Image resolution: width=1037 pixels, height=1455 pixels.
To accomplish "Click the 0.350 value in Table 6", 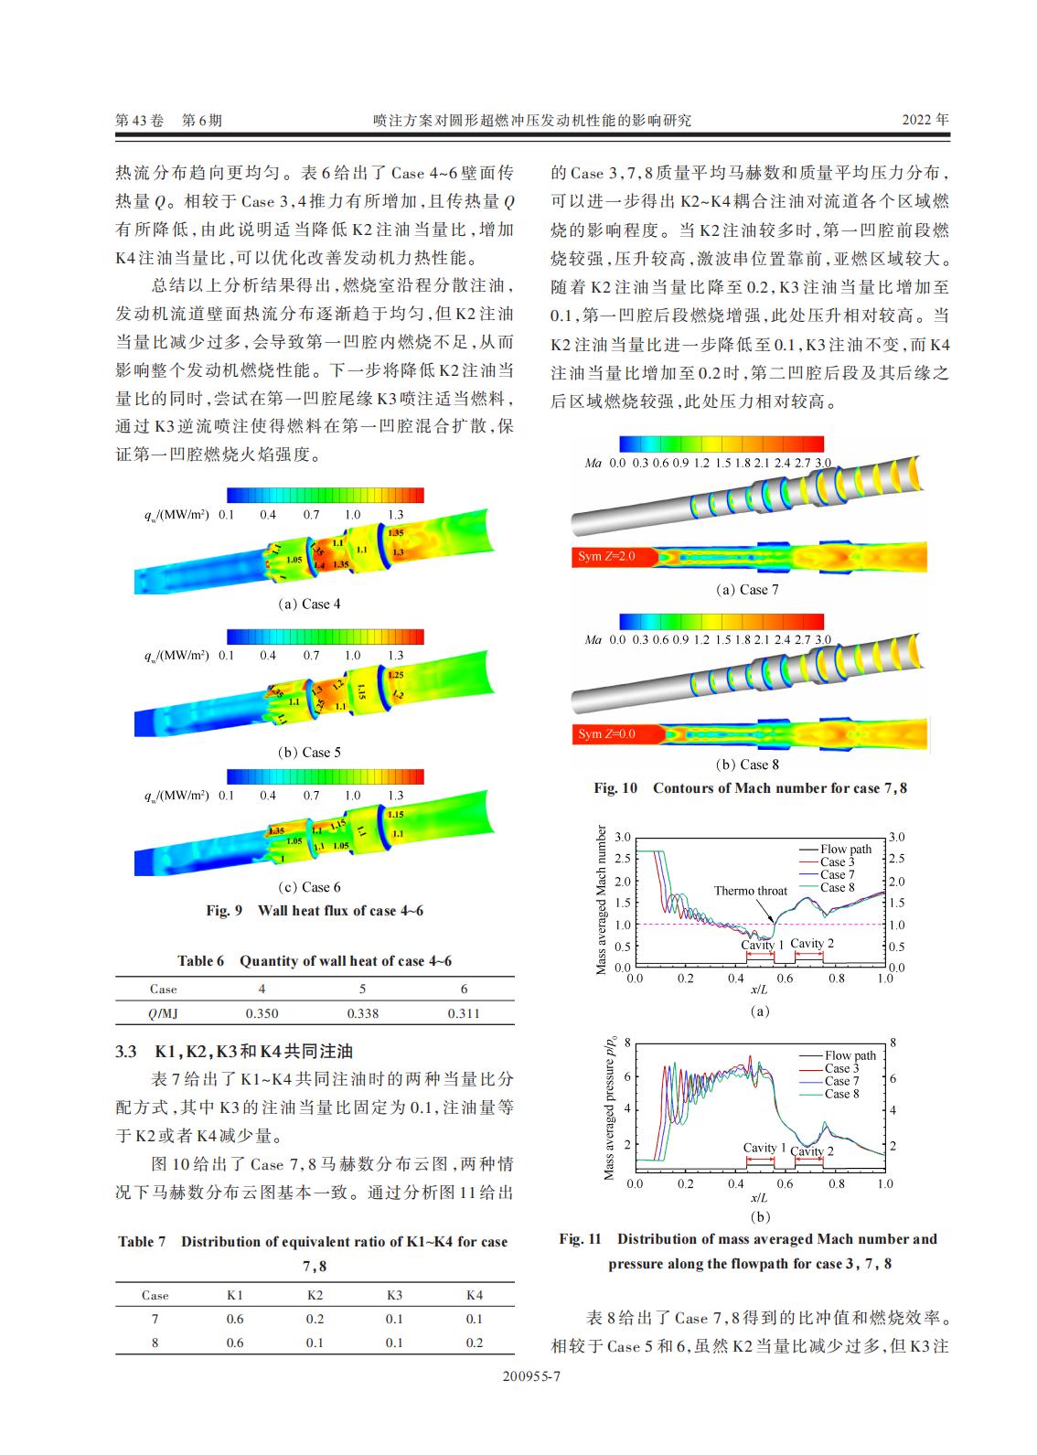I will (262, 1013).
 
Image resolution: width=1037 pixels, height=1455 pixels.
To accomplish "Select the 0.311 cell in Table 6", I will (464, 1013).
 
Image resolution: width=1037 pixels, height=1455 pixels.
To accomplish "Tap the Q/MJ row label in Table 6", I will (163, 1013).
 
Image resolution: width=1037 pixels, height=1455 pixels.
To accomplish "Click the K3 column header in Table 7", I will (394, 1295).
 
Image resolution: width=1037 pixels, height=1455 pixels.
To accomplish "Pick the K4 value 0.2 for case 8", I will (474, 1343).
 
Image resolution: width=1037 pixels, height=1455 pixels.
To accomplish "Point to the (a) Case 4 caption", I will (309, 604).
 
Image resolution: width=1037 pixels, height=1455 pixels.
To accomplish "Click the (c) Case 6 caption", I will (309, 887).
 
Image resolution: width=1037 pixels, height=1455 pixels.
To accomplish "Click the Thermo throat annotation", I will (750, 891).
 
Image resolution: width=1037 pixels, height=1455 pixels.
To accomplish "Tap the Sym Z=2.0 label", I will (605, 556).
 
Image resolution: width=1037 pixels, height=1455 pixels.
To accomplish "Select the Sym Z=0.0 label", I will (605, 733).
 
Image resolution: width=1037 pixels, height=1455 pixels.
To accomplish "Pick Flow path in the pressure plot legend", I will (850, 1055).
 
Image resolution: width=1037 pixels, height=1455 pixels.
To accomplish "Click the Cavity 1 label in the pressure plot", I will (764, 1147).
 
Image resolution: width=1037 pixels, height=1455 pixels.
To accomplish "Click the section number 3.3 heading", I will (126, 1052).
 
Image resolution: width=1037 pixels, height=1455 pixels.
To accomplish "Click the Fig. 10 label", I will (615, 787).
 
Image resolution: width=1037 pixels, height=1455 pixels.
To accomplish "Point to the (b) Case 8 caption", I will (747, 765).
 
